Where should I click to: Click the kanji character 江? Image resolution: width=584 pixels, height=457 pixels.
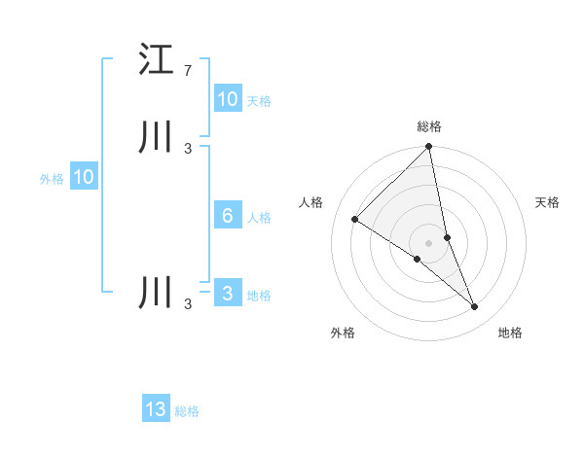157,59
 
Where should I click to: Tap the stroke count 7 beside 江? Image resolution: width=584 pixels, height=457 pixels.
188,71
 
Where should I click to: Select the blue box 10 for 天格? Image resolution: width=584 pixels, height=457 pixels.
228,99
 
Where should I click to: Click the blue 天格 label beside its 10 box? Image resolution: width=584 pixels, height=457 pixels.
259,100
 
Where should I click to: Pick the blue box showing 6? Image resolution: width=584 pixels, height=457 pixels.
228,216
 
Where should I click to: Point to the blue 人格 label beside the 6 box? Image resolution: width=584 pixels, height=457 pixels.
259,217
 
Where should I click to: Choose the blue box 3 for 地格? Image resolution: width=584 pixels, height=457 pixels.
228,294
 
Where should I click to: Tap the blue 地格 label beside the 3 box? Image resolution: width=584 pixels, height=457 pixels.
259,295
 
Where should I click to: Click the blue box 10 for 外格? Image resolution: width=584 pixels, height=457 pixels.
84,177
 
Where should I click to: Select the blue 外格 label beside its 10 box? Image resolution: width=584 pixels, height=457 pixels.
52,178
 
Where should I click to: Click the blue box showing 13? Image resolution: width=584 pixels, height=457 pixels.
156,409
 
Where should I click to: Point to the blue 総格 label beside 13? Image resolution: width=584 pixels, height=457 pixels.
187,411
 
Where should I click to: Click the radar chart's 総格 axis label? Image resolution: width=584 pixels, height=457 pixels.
429,126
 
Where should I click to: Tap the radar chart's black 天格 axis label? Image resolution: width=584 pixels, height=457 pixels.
548,202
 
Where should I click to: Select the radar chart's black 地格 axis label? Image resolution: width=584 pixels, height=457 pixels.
510,333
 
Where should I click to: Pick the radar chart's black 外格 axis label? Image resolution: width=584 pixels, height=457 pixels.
343,333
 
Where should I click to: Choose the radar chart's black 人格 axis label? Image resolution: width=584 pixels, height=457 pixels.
310,202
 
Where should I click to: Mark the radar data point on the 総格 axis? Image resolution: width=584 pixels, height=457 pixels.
429,147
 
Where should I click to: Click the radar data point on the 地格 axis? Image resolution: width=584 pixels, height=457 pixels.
475,307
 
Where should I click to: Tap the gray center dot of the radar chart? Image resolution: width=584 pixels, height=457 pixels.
429,243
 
